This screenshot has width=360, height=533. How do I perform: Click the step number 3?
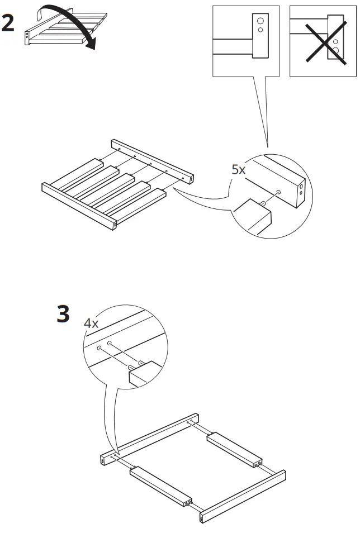pyautogui.click(x=63, y=314)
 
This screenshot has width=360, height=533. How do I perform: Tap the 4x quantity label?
pyautogui.click(x=91, y=323)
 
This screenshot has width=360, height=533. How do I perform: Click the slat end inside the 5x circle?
pyautogui.click(x=252, y=215)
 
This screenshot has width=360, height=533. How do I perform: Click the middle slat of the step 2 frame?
pyautogui.click(x=112, y=189)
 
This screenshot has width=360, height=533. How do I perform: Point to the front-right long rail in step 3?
pyautogui.click(x=243, y=497)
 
